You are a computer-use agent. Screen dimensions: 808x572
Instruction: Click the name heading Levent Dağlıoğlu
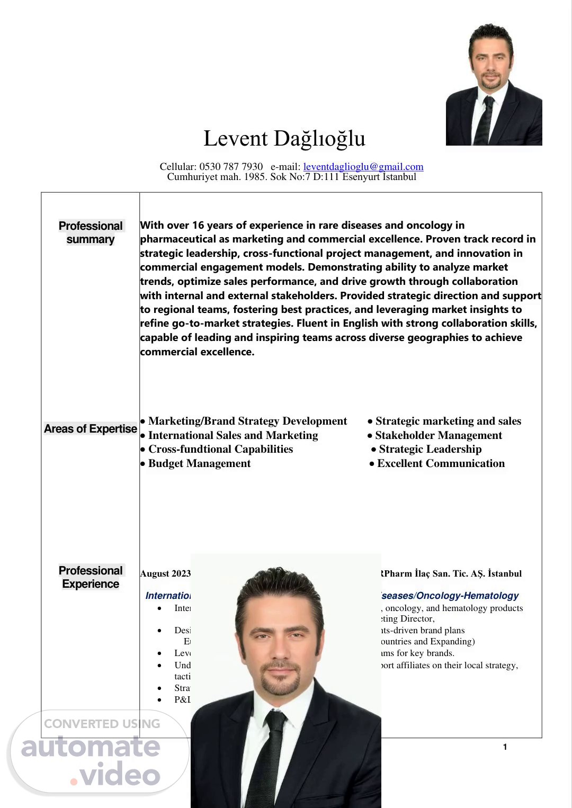284,139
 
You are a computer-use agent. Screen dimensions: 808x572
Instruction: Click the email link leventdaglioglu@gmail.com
363,167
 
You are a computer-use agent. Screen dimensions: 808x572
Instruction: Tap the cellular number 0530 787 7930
231,167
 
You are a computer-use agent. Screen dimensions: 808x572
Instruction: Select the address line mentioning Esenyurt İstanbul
291,177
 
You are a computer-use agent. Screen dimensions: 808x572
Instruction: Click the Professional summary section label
91,232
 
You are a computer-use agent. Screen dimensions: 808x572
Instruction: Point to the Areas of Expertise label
91,429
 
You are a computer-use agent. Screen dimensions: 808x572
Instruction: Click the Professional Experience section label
91,577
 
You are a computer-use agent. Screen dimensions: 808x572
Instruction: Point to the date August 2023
165,573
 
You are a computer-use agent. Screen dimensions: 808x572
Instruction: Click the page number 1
505,747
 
